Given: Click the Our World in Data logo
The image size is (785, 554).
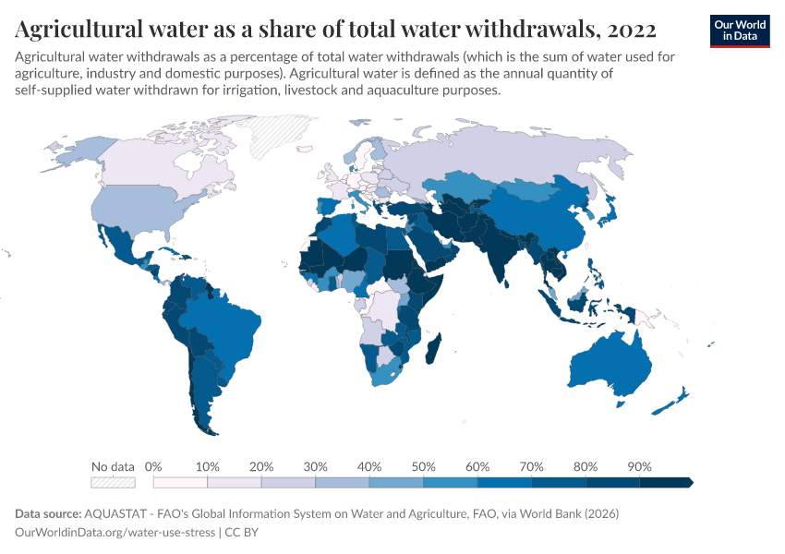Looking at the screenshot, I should click(x=739, y=30).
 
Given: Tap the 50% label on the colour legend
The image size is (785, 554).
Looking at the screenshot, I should click(x=423, y=466).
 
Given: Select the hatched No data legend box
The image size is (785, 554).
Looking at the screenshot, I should click(x=113, y=482).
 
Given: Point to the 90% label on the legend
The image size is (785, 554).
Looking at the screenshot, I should click(x=639, y=466).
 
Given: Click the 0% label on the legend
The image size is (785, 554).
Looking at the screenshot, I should click(x=153, y=466).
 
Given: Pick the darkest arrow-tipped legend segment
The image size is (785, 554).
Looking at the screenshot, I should click(x=666, y=482).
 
